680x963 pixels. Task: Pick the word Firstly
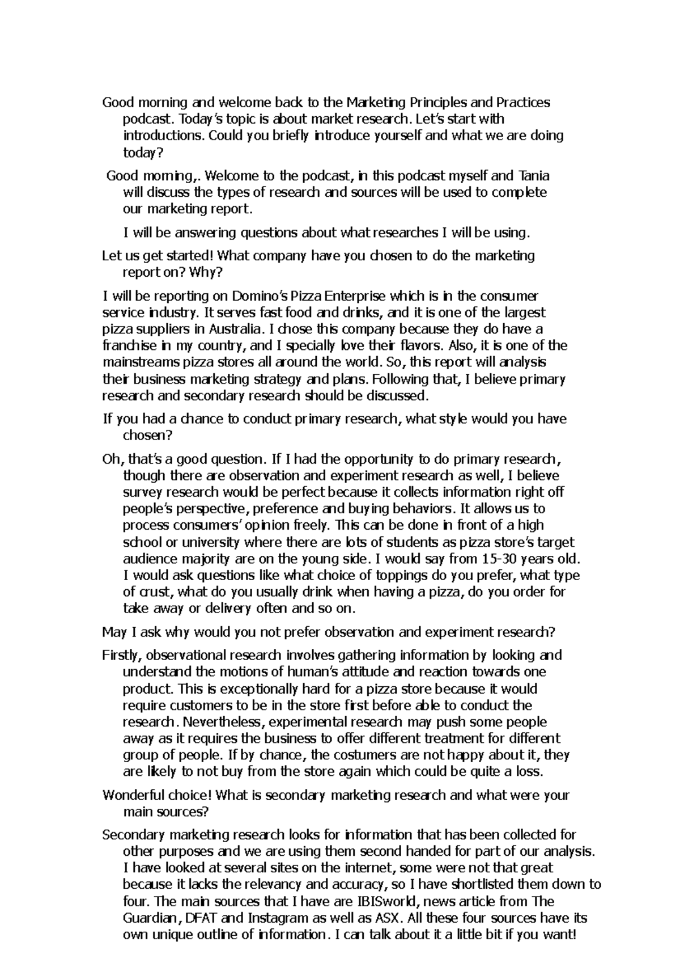tap(122, 656)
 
